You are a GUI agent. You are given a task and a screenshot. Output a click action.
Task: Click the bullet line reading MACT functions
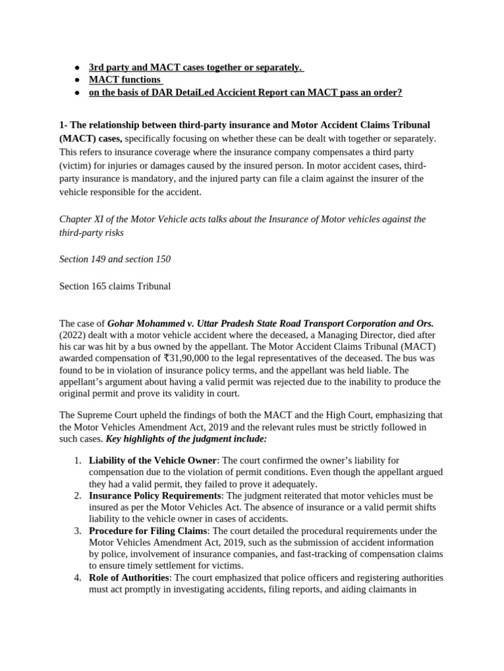click(x=125, y=80)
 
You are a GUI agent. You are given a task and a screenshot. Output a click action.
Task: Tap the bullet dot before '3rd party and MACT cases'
click(x=77, y=67)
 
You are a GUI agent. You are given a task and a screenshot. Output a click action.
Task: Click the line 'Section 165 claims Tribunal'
click(x=115, y=286)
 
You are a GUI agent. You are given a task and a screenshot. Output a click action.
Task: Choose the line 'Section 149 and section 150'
click(x=115, y=259)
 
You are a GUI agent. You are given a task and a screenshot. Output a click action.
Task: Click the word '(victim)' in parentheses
click(x=76, y=164)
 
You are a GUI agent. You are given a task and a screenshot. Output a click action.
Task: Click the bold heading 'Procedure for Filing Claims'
click(x=148, y=531)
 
